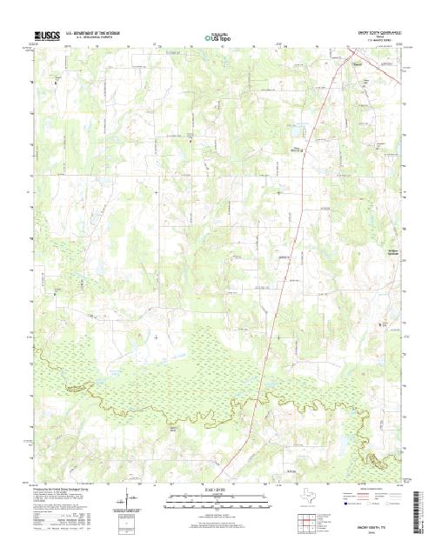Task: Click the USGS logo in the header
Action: click(x=48, y=36)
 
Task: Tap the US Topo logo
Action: click(x=217, y=37)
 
